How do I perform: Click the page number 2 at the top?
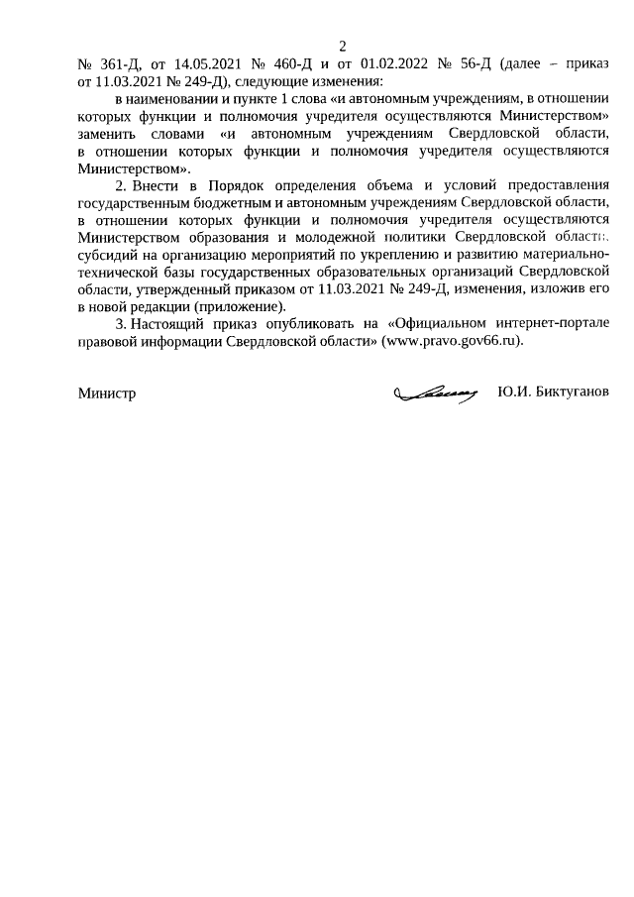pyautogui.click(x=343, y=46)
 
